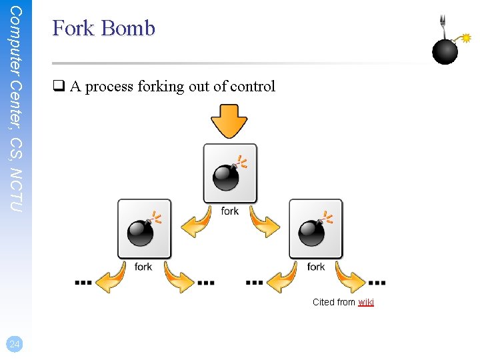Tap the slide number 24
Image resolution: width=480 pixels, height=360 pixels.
pos(14,344)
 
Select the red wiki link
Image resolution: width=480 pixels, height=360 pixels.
pos(366,302)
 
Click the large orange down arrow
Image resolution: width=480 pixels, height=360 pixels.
pos(229,121)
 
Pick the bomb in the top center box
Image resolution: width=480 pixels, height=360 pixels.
pos(227,176)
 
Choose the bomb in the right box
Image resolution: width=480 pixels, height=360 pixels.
pos(312,231)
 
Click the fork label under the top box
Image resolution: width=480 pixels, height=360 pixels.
pos(229,211)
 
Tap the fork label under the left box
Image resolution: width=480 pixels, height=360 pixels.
pos(143,267)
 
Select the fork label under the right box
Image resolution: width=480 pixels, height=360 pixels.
pos(316,267)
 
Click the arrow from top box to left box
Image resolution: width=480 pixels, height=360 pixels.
pos(196,224)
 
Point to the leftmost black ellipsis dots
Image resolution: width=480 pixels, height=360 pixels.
pos(83,282)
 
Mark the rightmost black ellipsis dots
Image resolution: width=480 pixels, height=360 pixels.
pos(377,282)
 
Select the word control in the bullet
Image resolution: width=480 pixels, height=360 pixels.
pos(253,87)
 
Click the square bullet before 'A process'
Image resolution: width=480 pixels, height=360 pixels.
pos(58,87)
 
